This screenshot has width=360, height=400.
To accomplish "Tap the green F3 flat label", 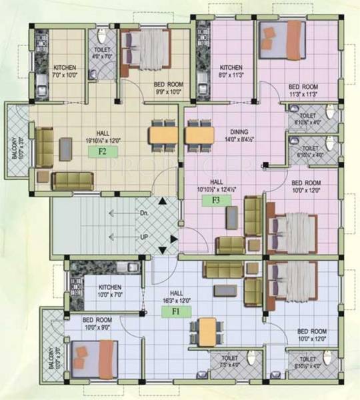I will [217, 199].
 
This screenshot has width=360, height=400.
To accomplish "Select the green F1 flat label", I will [177, 310].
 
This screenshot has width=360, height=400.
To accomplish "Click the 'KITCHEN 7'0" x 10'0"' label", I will [65, 71].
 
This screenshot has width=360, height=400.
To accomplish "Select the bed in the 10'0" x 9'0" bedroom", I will [93, 357].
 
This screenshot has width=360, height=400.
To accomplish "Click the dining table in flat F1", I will [207, 328].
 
